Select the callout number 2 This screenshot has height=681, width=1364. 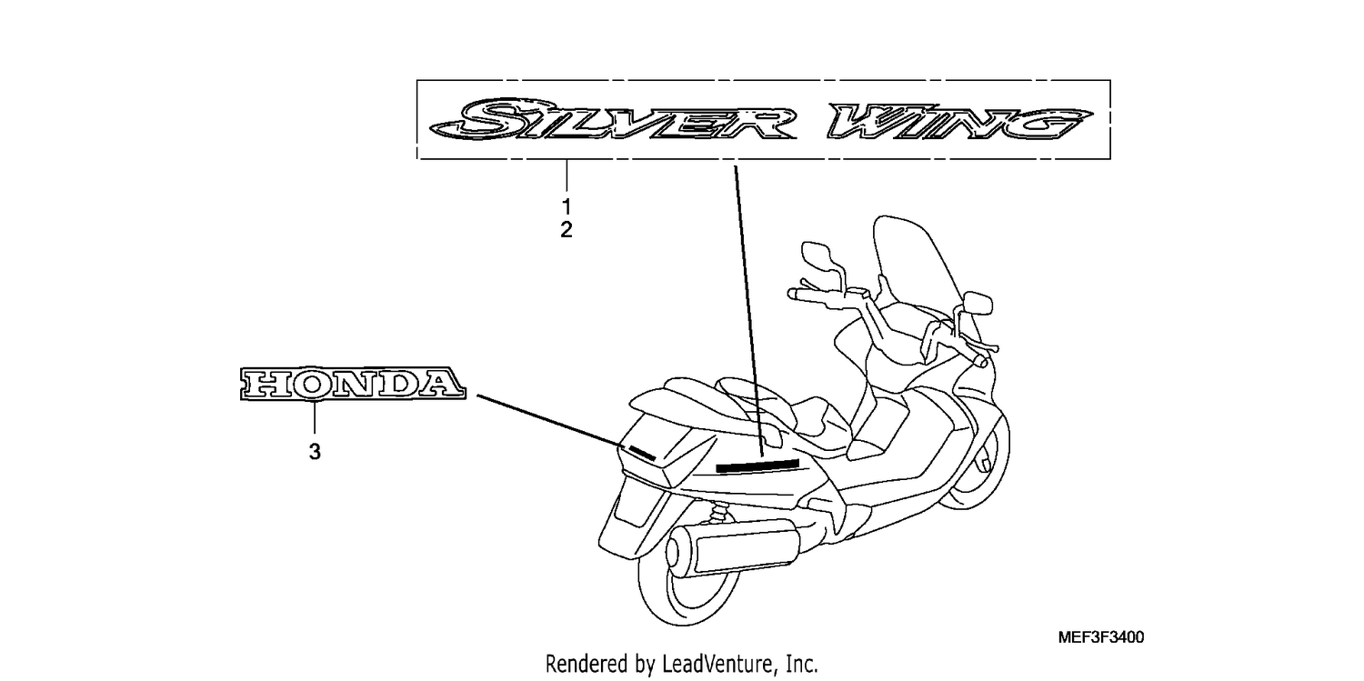pyautogui.click(x=567, y=230)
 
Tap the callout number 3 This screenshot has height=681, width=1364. pyautogui.click(x=315, y=452)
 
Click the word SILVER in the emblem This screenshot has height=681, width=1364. pyautogui.click(x=612, y=119)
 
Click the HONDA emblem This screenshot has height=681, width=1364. pyautogui.click(x=353, y=384)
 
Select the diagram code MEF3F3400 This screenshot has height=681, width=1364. pyautogui.click(x=1101, y=637)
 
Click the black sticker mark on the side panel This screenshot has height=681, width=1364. pyautogui.click(x=757, y=466)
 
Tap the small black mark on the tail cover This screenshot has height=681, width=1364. pyautogui.click(x=642, y=453)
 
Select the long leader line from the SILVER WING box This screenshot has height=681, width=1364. pyautogui.click(x=748, y=310)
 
